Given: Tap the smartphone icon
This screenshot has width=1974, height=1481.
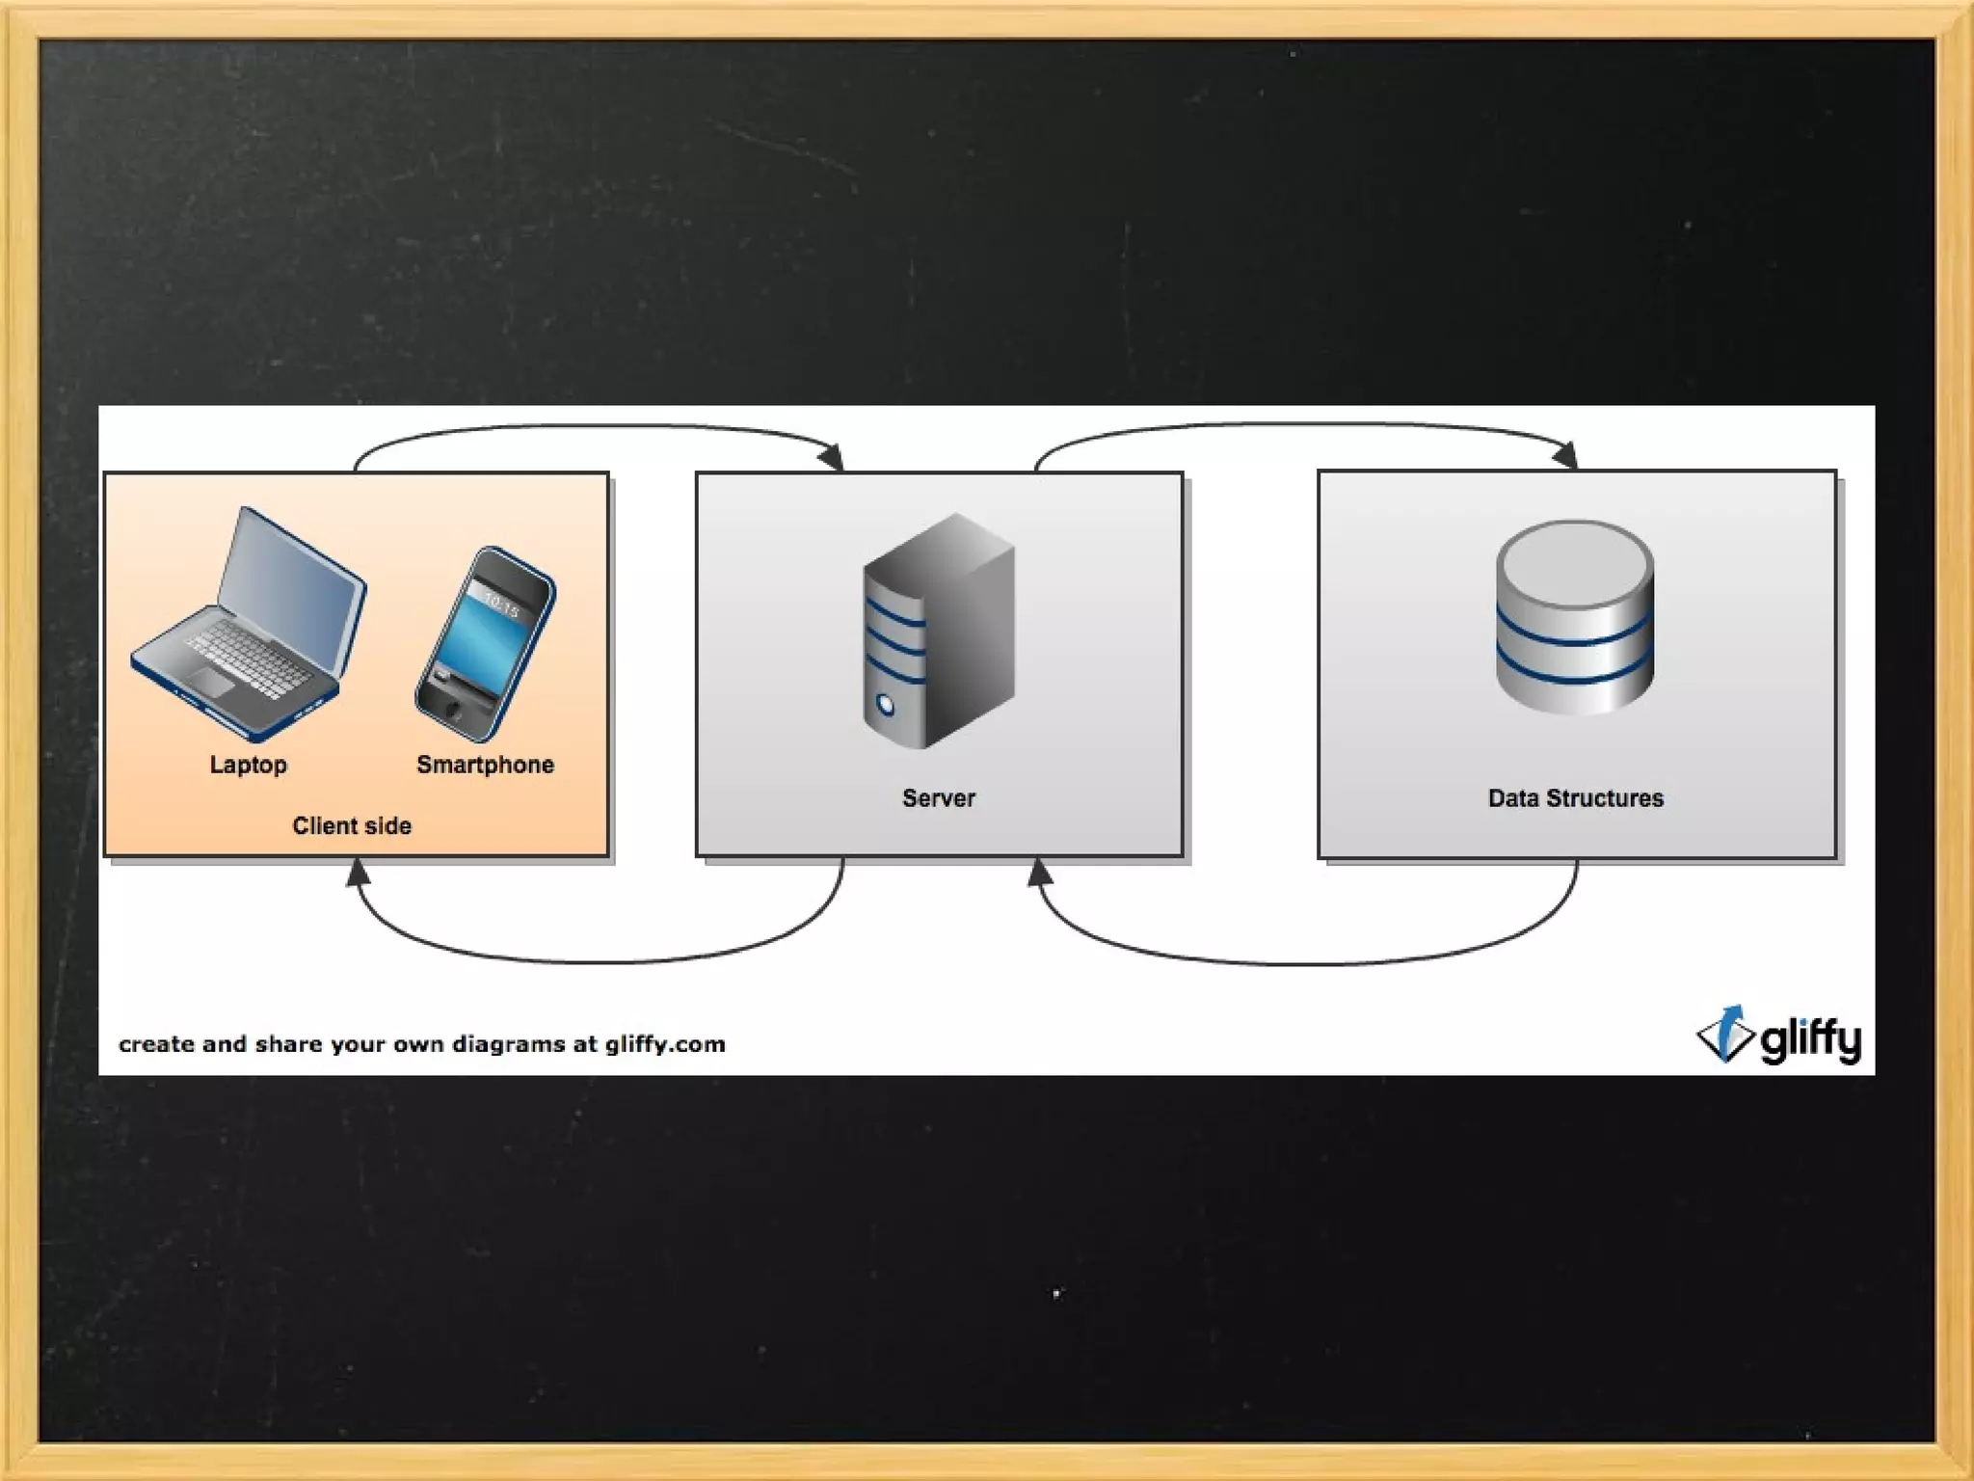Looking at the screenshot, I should [485, 643].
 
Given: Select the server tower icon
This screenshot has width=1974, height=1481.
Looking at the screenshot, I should [938, 632].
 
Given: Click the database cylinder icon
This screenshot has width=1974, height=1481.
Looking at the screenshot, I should [1575, 617].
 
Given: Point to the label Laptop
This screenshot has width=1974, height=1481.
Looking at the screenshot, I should [249, 765].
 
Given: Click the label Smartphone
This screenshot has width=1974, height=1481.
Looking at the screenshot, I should [485, 765].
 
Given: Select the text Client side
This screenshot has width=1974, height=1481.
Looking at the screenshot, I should [352, 825].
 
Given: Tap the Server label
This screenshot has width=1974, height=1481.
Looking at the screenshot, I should [938, 798].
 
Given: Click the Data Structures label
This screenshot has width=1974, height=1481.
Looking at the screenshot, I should [1575, 798].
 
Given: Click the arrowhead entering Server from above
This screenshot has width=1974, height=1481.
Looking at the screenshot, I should [832, 457].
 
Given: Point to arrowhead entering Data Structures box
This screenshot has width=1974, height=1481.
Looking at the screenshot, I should [1565, 455].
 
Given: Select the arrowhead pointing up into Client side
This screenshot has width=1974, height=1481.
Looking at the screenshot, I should [358, 873].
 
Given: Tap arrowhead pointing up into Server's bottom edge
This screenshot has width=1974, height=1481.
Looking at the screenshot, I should [1039, 873].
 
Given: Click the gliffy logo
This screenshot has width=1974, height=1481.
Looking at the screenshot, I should [1778, 1037].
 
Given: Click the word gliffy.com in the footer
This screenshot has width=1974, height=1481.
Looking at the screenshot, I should [665, 1044].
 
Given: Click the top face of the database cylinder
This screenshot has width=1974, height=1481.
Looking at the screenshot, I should [1575, 561].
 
